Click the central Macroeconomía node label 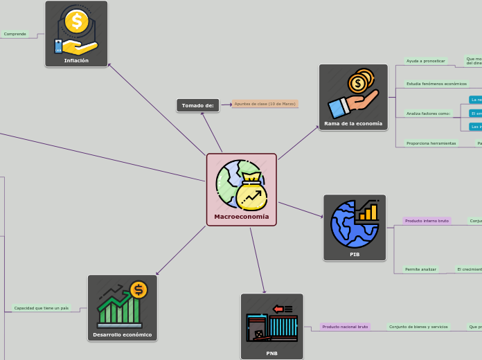pyautogui.click(x=241, y=217)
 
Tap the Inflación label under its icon pyautogui.click(x=76, y=60)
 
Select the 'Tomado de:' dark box pyautogui.click(x=198, y=105)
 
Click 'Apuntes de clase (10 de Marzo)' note pyautogui.click(x=265, y=103)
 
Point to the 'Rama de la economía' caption pyautogui.click(x=353, y=123)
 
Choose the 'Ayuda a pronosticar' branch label pyautogui.click(x=425, y=61)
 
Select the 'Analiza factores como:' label pyautogui.click(x=428, y=113)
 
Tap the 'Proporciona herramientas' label pyautogui.click(x=431, y=143)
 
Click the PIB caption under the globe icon pyautogui.click(x=355, y=254)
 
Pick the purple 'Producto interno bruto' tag pyautogui.click(x=427, y=221)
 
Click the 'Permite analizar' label pyautogui.click(x=421, y=269)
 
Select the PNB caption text pyautogui.click(x=271, y=353)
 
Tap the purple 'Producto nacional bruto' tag pyautogui.click(x=345, y=326)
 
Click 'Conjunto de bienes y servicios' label pyautogui.click(x=418, y=326)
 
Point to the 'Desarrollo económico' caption pyautogui.click(x=122, y=334)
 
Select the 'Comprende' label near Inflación pyautogui.click(x=15, y=33)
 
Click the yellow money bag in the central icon pyautogui.click(x=251, y=193)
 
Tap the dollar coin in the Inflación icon pyautogui.click(x=74, y=21)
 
